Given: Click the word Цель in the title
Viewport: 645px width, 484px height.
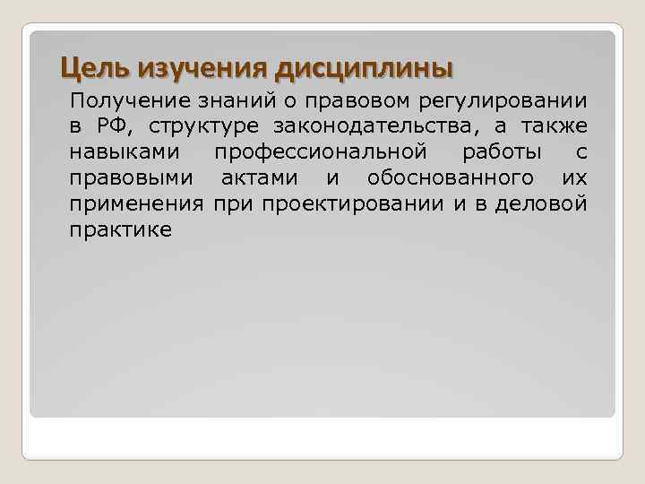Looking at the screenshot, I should pos(89,67).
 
